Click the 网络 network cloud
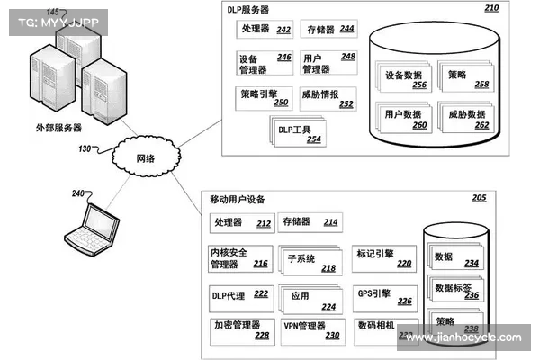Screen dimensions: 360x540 click(x=143, y=158)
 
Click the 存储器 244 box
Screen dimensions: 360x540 click(x=328, y=31)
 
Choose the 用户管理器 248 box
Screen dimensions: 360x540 click(x=328, y=63)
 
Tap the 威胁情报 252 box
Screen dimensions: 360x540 click(x=328, y=98)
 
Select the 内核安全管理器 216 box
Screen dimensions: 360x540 click(x=238, y=258)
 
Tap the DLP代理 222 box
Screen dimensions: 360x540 click(x=238, y=294)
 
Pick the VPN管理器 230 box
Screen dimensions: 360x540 click(x=310, y=329)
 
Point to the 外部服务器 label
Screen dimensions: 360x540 click(x=58, y=127)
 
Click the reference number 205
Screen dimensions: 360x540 click(x=479, y=198)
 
